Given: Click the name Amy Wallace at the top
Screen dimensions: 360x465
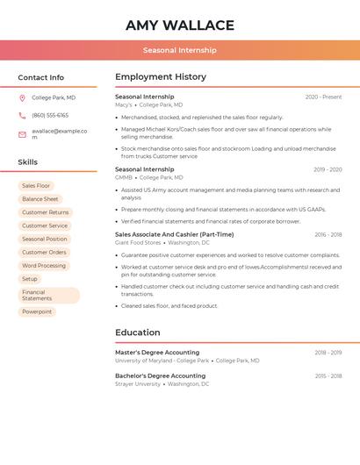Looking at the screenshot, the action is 180,25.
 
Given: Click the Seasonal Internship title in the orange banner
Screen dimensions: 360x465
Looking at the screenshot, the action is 180,50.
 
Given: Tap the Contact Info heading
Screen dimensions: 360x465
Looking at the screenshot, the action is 41,77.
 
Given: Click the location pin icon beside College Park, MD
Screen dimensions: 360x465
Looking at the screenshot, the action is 22,97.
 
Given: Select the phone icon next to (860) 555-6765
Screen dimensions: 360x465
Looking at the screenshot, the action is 22,115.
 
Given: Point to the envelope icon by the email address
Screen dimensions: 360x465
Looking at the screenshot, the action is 22,133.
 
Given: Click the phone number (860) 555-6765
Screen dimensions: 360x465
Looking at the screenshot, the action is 50,115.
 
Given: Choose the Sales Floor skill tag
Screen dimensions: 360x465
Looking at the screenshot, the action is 36,186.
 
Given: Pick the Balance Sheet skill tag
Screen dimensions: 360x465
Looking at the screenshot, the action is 40,199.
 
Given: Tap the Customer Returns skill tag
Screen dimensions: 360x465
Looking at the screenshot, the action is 45,212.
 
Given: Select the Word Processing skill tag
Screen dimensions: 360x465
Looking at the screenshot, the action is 44,265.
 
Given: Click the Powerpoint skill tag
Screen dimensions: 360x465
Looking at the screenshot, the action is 37,311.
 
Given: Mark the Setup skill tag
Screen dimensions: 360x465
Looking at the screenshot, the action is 30,278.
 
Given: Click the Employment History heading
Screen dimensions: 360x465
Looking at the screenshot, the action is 161,77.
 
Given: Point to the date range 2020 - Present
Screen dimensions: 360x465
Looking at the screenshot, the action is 323,97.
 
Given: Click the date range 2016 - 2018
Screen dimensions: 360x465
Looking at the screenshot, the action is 328,234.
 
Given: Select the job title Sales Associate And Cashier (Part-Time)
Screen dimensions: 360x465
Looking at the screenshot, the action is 174,234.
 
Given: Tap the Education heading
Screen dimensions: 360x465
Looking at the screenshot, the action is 138,333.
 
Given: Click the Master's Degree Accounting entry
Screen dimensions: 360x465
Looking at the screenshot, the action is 157,352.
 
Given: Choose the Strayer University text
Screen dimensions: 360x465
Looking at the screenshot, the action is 138,383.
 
